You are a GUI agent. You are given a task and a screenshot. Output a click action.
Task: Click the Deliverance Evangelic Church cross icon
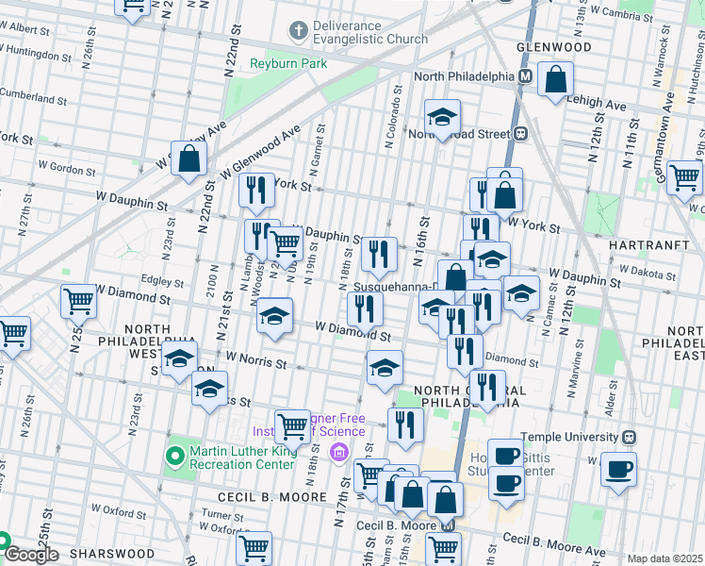coord(298,32)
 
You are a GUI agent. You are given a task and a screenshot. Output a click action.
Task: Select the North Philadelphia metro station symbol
coord(525,76)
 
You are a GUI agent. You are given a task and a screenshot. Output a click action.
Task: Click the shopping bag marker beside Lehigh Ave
coord(556,81)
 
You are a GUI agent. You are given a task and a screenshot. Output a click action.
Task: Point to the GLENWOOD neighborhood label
coord(553,47)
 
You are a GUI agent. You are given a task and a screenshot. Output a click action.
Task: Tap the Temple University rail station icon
coord(629,437)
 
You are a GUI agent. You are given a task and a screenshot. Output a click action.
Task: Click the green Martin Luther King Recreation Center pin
coord(173,458)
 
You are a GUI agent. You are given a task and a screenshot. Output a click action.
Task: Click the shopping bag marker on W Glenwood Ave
coord(189,160)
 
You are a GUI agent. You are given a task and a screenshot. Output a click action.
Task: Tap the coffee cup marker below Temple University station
coord(618,470)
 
